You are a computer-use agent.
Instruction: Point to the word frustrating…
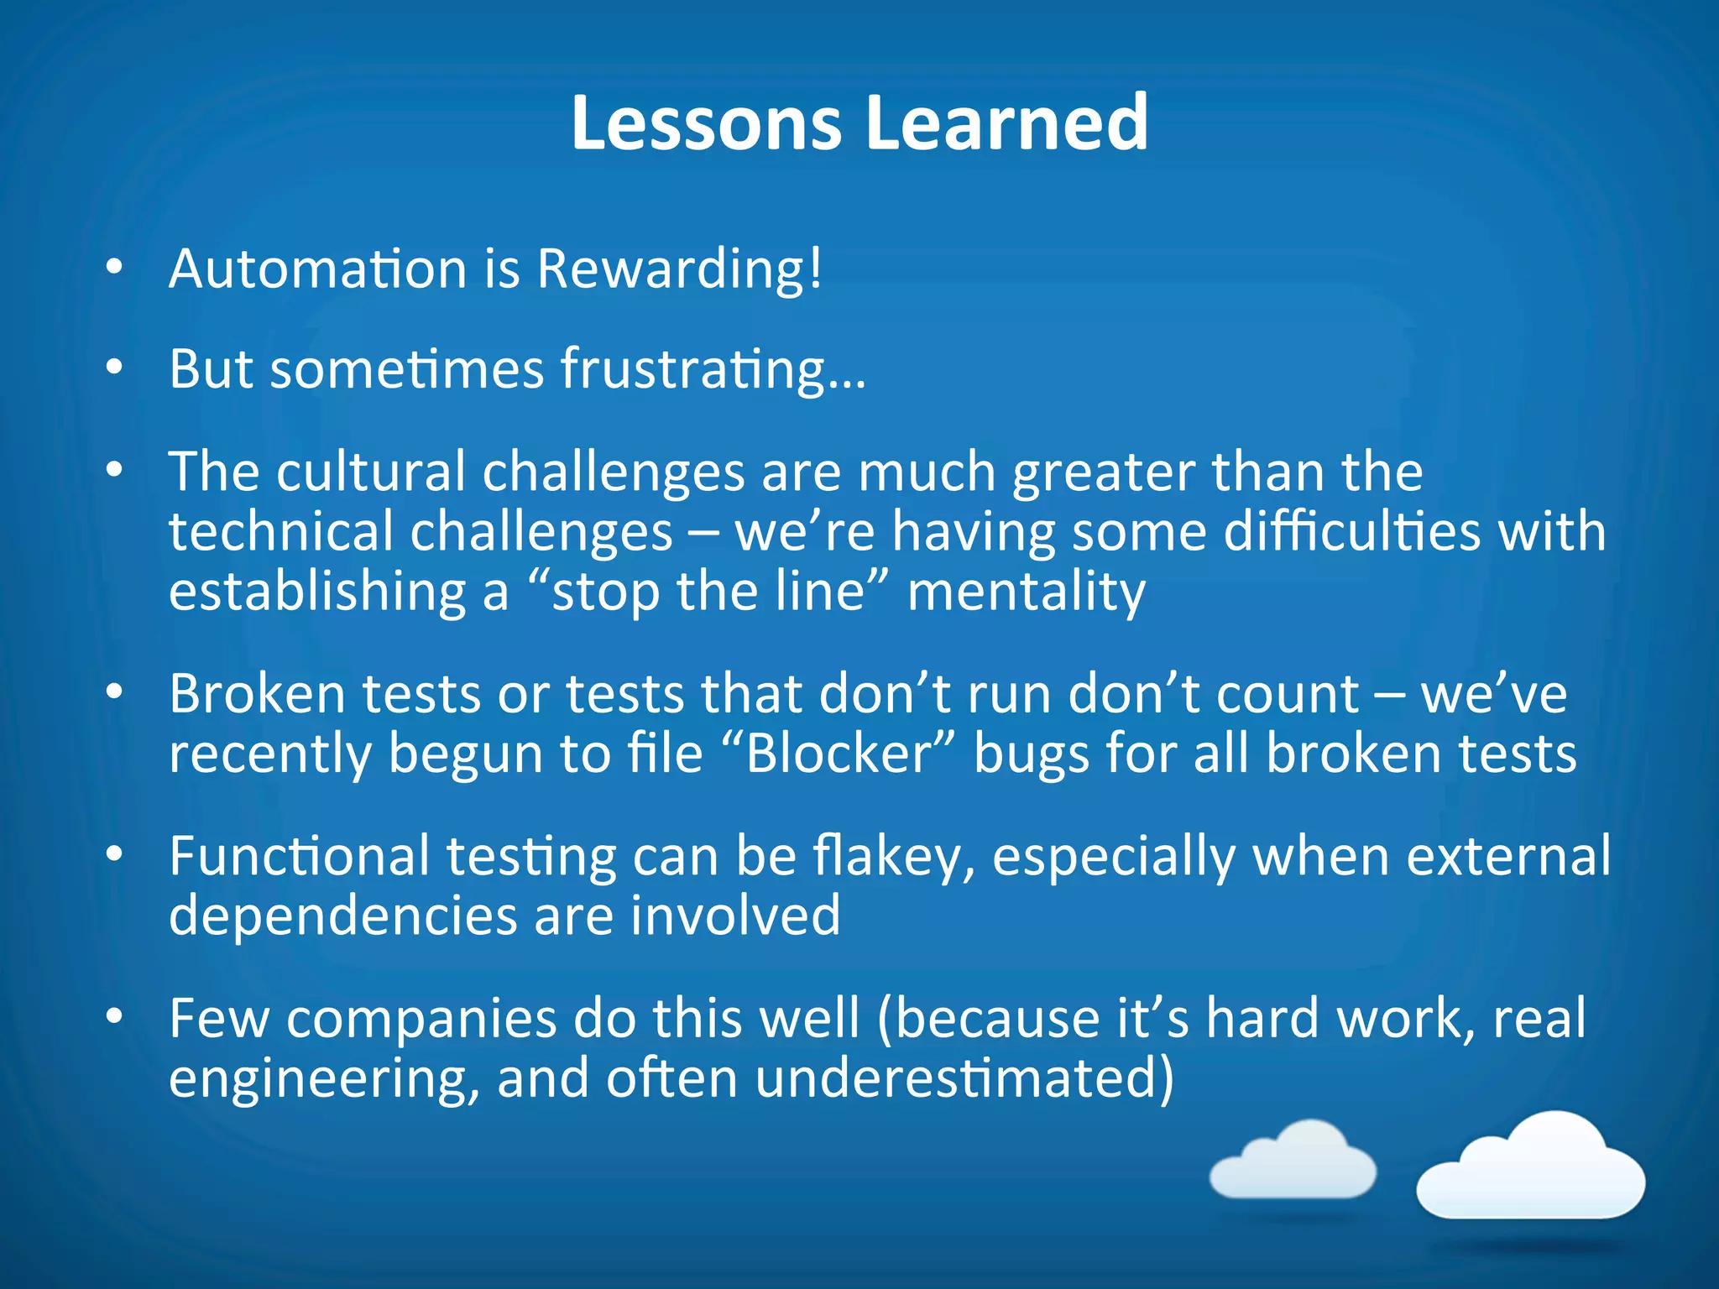tap(713, 371)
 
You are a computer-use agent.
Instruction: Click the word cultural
tap(370, 472)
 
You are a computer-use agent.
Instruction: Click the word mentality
tap(1026, 592)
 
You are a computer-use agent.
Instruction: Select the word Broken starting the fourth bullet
tap(257, 694)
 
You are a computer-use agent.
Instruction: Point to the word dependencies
tap(342, 916)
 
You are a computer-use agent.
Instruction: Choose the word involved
tap(735, 916)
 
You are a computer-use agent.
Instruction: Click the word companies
tap(421, 1019)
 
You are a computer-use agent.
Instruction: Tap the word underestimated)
tap(964, 1078)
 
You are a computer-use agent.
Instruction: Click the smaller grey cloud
tap(1293, 1161)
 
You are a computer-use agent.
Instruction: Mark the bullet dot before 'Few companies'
tap(115, 1017)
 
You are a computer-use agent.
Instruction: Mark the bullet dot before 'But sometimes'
tap(115, 368)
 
